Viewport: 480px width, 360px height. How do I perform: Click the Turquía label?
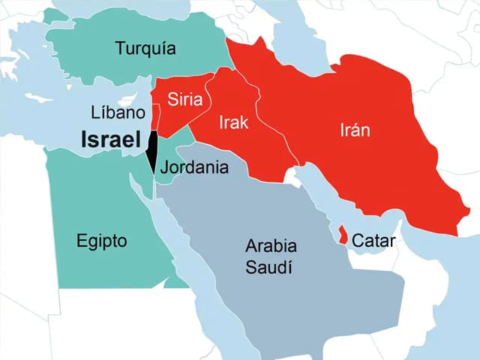[x=145, y=49]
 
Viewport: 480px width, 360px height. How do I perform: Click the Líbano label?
[x=117, y=113]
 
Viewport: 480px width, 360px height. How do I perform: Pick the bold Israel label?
[x=111, y=139]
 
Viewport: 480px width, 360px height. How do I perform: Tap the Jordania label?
[x=194, y=167]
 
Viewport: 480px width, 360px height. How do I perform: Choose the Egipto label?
[x=102, y=241]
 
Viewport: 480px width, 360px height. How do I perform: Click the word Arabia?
[x=271, y=246]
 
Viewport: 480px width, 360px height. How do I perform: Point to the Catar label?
[x=373, y=241]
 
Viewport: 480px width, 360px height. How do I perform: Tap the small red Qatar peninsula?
[x=342, y=235]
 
